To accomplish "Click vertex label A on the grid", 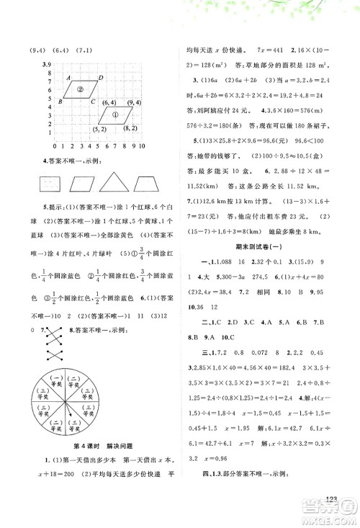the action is coord(67,78).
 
